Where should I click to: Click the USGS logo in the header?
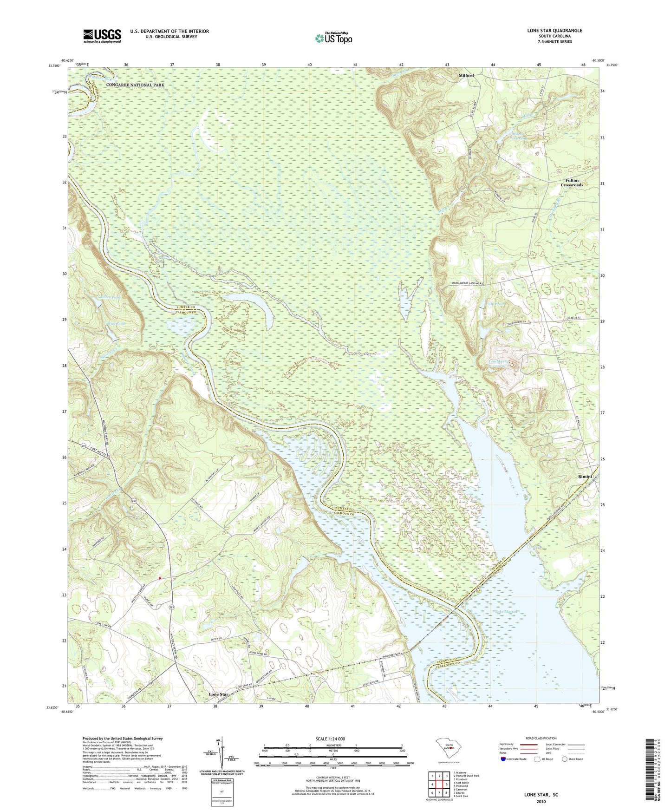coord(102,35)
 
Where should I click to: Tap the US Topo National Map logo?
coord(333,38)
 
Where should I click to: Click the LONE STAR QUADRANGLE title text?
coord(554,31)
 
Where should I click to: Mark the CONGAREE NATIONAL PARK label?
coord(135,85)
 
